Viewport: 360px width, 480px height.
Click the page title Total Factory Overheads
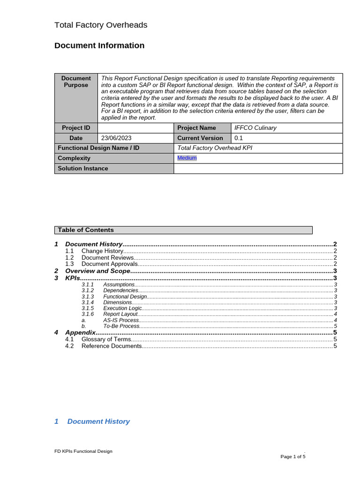coord(101,25)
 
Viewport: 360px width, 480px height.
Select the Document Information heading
coord(99,45)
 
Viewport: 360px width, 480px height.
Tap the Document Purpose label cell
coord(76,82)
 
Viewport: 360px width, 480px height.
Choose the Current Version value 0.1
coord(239,138)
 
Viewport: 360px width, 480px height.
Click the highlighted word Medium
coord(187,158)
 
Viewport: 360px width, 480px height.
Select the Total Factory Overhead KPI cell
coord(215,148)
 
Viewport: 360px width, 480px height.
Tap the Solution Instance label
coord(83,168)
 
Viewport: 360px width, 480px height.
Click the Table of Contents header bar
coord(183,230)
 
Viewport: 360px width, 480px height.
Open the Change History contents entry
coord(102,251)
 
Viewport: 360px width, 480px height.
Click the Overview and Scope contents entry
coord(97,271)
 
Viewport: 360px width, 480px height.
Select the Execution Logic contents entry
coord(122,308)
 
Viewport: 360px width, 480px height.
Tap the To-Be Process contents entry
coord(121,326)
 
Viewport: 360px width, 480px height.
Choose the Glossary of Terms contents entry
coord(106,339)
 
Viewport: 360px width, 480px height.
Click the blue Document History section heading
coord(98,421)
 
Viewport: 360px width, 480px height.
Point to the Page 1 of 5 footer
coord(293,457)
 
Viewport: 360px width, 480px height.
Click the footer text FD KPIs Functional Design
coord(83,451)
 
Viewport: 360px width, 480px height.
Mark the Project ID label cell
coord(76,128)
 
